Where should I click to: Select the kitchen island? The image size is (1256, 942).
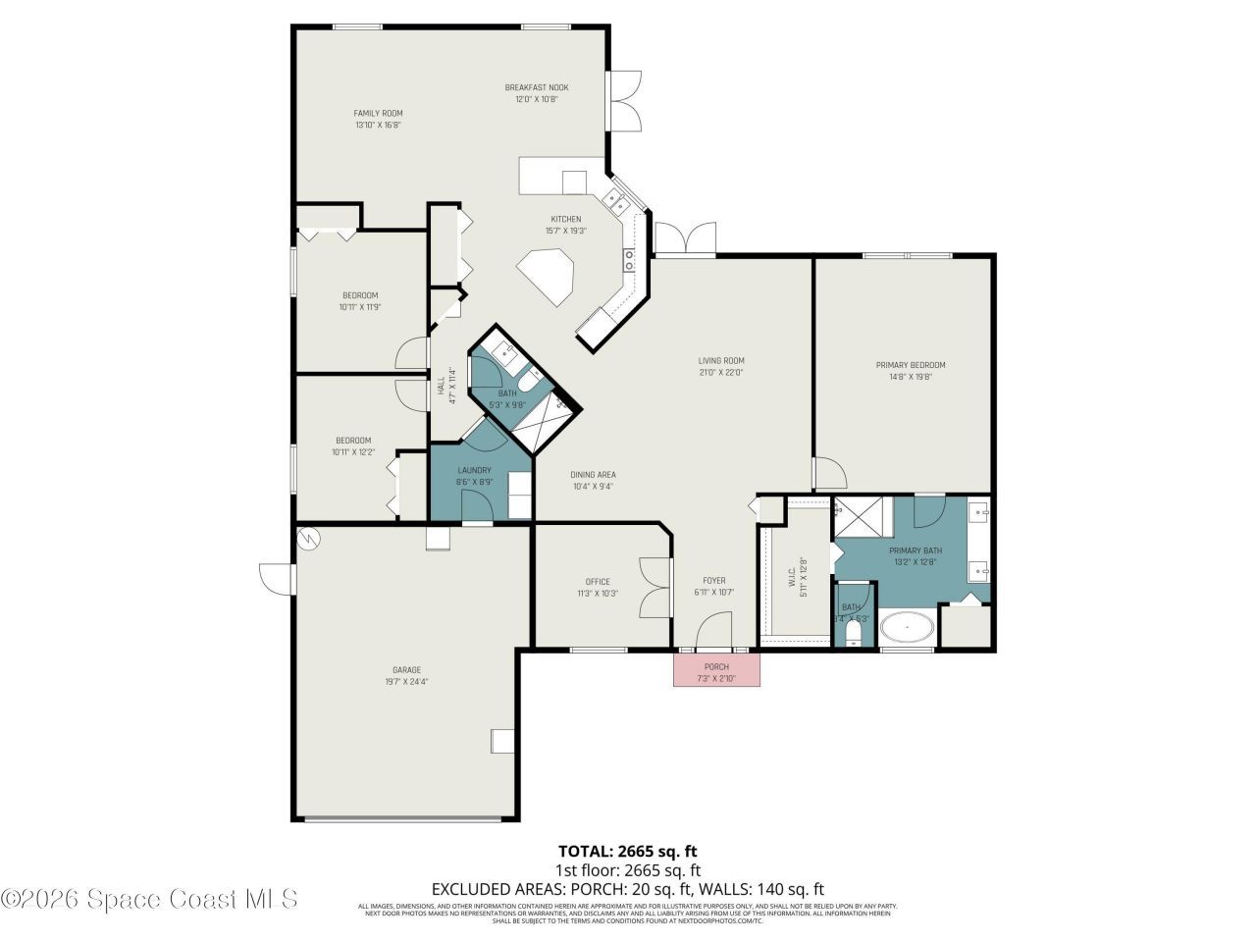click(548, 275)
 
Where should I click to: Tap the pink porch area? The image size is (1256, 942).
click(716, 670)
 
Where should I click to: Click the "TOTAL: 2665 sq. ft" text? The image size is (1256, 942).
click(627, 851)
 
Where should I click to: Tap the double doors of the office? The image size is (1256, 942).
click(654, 587)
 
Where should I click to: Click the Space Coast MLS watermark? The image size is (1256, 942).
click(149, 898)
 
